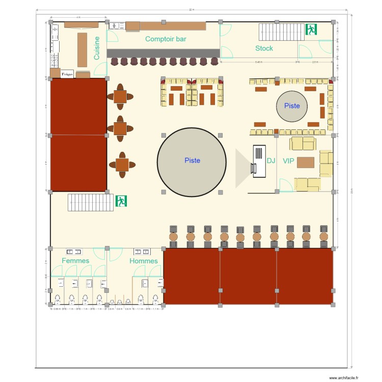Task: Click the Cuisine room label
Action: coord(97,48)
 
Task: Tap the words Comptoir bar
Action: coord(166,39)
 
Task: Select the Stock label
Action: coord(264,48)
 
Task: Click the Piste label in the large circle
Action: coord(192,160)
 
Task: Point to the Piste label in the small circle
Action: coord(292,106)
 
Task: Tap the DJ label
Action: coord(271,160)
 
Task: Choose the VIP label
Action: coord(289,160)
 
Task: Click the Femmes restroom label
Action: coord(75,261)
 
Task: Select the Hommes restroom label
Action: coord(144,261)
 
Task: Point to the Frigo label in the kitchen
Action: coord(67,74)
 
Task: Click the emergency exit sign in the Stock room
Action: coord(311,30)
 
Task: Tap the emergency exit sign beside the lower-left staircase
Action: coord(121,201)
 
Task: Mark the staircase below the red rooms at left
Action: coord(91,202)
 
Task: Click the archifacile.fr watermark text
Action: coord(344,378)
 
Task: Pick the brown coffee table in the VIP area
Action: coord(306,162)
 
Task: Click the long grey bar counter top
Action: coord(163,53)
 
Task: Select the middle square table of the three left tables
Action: coord(120,128)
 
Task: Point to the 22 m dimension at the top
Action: coord(191,10)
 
